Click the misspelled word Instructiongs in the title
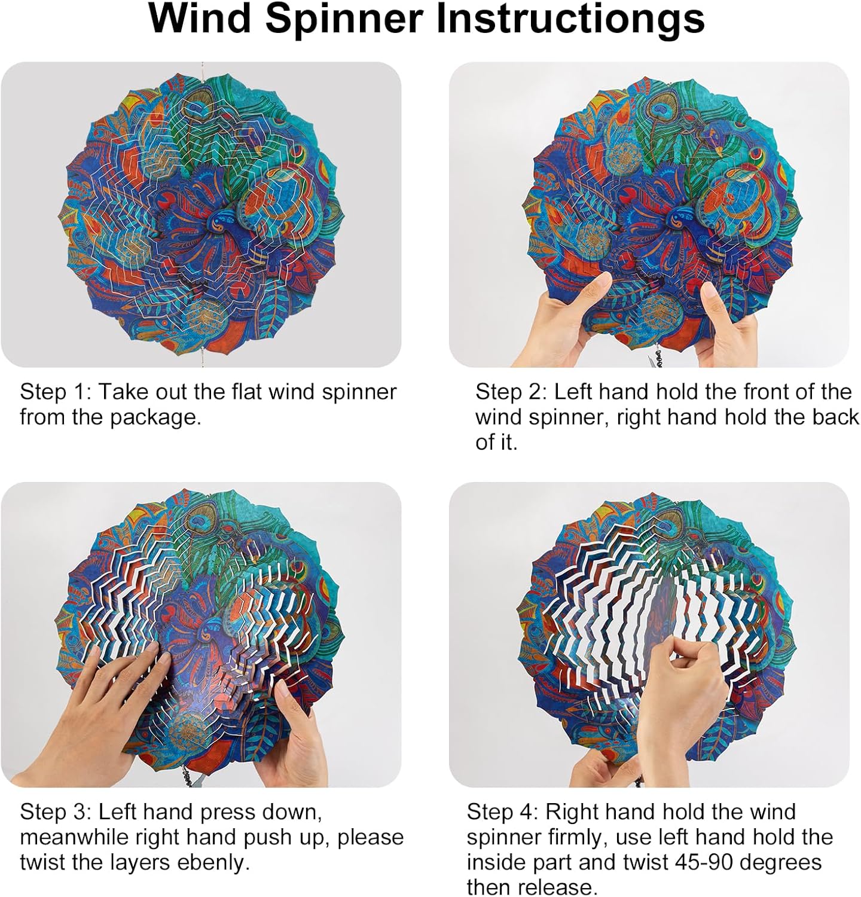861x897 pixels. click(x=571, y=19)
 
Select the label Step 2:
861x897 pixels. click(x=511, y=392)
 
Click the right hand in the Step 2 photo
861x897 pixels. click(x=726, y=326)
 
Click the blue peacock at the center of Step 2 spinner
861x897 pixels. click(x=682, y=222)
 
